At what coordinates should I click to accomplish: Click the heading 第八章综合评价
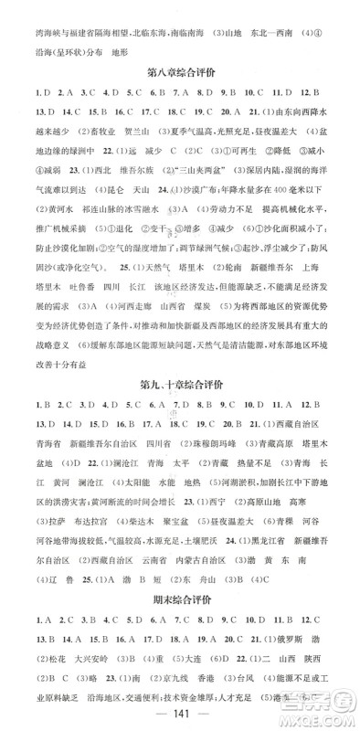[180, 71]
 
